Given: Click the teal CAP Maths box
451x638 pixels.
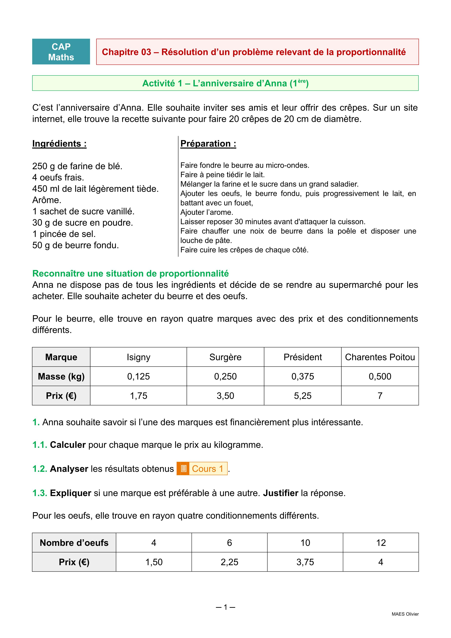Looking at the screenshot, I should point(61,52).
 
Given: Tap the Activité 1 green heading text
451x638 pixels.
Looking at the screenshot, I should point(225,83).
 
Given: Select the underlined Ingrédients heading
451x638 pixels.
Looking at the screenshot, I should point(59,144).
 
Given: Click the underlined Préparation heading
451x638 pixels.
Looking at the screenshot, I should point(208,144).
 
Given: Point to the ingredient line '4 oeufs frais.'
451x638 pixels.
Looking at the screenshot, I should point(58,177).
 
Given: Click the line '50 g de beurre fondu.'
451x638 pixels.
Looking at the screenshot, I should point(76,245).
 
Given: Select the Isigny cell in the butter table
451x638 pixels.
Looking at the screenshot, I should point(138,357).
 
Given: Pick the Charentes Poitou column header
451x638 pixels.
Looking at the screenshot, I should point(380,357).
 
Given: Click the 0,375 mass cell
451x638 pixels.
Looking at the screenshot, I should point(302,376).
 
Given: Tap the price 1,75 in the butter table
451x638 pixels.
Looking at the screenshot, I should point(138,396).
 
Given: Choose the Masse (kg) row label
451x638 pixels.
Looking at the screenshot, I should point(61,376).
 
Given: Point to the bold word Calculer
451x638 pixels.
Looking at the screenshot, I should point(68,445).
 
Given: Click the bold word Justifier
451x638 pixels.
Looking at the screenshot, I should point(280,493).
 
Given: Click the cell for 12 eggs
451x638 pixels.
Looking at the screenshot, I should point(381,543).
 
